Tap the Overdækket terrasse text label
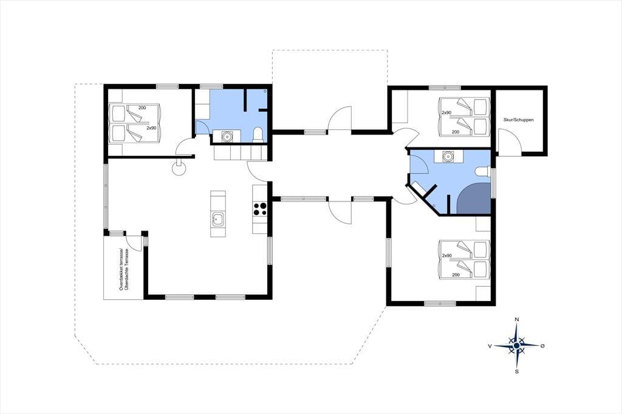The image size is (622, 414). (121, 270)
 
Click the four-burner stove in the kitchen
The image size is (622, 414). (260, 209)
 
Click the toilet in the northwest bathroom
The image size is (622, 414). (258, 135)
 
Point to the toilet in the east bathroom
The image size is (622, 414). (482, 171)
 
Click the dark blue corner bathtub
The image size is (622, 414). (474, 199)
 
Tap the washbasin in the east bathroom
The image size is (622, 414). (448, 156)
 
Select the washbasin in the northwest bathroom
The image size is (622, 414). (227, 136)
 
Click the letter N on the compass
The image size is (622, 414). (516, 320)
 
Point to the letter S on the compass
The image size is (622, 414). (516, 372)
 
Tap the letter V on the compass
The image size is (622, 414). (490, 346)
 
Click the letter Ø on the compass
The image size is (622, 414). (542, 346)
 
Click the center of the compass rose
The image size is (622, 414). (516, 346)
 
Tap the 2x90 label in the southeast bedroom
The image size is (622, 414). (446, 256)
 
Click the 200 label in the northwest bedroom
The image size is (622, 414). (142, 108)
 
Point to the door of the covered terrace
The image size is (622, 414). (132, 242)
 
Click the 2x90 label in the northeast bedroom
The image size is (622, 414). (446, 113)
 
